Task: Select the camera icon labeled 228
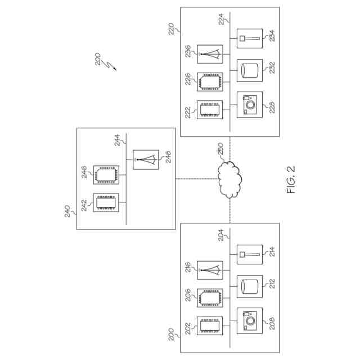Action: click(x=249, y=105)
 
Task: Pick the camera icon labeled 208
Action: click(x=249, y=321)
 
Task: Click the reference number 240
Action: click(x=68, y=211)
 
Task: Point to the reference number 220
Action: click(x=172, y=29)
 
